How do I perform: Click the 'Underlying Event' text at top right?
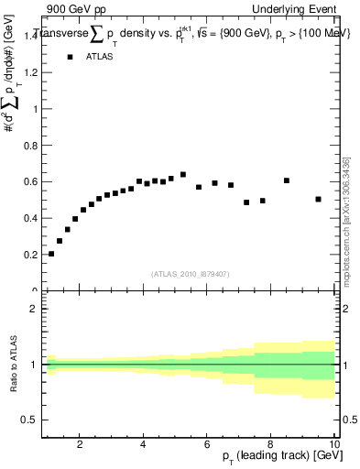(x=296, y=8)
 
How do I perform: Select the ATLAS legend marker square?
(x=70, y=57)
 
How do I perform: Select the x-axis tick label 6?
(x=207, y=444)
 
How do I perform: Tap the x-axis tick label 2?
(x=81, y=444)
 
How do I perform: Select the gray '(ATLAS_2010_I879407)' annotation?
(x=189, y=272)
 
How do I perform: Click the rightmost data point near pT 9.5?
(x=318, y=199)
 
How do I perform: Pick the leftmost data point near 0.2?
(x=51, y=254)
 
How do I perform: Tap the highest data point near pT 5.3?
(x=183, y=174)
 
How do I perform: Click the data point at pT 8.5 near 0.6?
(x=287, y=180)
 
